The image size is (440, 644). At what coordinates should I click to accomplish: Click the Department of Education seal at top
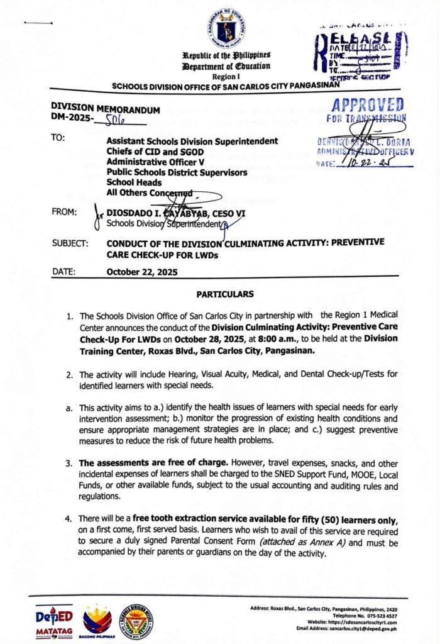[225, 28]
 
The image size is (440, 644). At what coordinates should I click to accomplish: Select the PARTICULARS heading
[225, 294]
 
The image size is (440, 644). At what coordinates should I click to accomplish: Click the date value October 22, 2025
[142, 272]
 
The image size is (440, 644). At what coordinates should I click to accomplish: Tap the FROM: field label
[63, 213]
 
